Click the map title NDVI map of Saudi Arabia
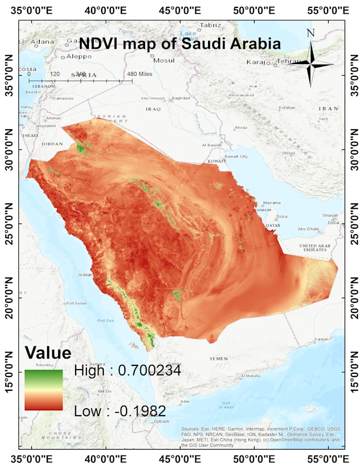(x=179, y=43)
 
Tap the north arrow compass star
(x=311, y=65)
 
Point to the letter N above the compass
(x=311, y=33)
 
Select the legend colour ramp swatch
(x=43, y=390)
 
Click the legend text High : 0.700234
(x=128, y=371)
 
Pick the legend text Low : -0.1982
(x=120, y=411)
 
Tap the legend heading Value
(x=48, y=353)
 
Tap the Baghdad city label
(x=181, y=98)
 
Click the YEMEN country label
(x=218, y=359)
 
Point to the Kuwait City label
(x=236, y=157)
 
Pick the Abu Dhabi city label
(x=308, y=229)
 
